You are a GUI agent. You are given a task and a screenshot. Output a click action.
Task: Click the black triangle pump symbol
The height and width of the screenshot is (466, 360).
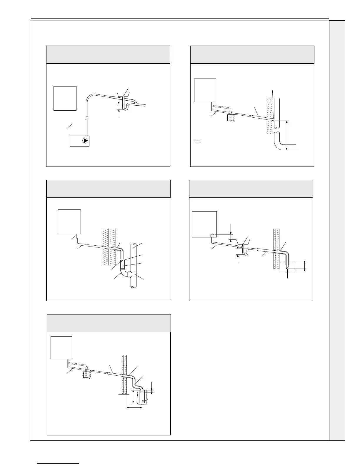tap(85, 141)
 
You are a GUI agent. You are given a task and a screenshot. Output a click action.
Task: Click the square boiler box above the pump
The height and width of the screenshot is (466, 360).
tap(65, 98)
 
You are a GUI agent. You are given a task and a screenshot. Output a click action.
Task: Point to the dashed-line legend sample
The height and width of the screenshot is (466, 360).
tap(197, 142)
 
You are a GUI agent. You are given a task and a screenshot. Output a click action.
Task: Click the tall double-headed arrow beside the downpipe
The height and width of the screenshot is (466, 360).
tap(286, 135)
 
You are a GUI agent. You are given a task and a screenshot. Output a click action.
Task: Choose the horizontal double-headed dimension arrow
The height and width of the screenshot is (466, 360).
tap(134, 407)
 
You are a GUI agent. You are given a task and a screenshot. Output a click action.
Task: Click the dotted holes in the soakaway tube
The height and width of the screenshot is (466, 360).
tap(143, 401)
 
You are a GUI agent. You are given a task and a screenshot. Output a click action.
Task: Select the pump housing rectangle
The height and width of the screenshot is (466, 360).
tap(79, 141)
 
